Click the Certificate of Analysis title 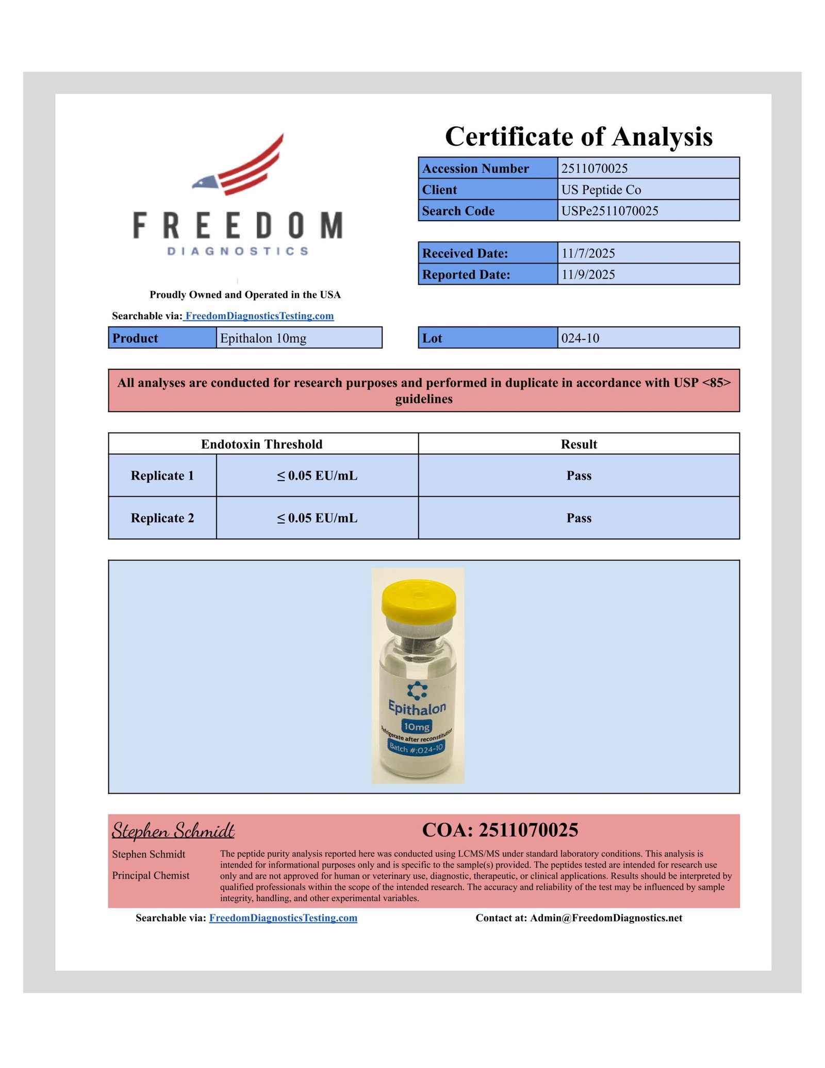pyautogui.click(x=579, y=137)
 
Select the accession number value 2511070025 pyautogui.click(x=595, y=169)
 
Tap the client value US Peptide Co pyautogui.click(x=601, y=190)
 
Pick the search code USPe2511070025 pyautogui.click(x=609, y=211)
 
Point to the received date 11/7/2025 pyautogui.click(x=588, y=253)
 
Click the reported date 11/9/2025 pyautogui.click(x=588, y=274)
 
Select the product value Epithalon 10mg pyautogui.click(x=263, y=338)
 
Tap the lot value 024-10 pyautogui.click(x=580, y=338)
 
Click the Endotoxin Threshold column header pyautogui.click(x=262, y=444)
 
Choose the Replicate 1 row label pyautogui.click(x=162, y=475)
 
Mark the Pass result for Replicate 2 pyautogui.click(x=579, y=518)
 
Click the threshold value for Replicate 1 pyautogui.click(x=317, y=475)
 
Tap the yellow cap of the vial pyautogui.click(x=419, y=601)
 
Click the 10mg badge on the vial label pyautogui.click(x=417, y=727)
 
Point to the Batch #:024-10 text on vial pyautogui.click(x=416, y=748)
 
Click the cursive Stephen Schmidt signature pyautogui.click(x=173, y=830)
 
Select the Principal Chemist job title pyautogui.click(x=151, y=875)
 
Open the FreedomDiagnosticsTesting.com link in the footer pyautogui.click(x=283, y=918)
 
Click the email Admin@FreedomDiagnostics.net pyautogui.click(x=606, y=918)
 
